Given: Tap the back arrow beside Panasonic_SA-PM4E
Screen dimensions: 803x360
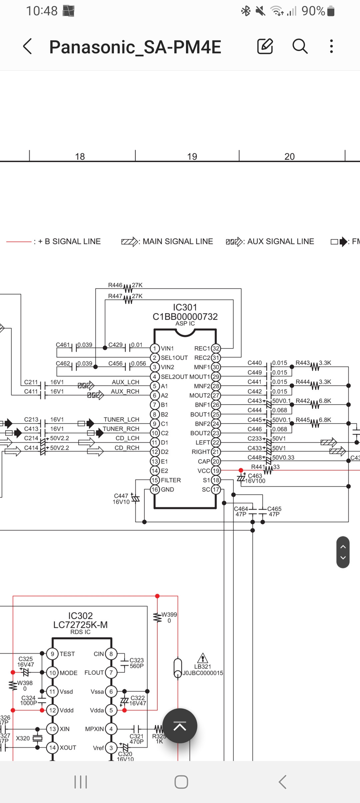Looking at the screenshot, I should pos(28,46).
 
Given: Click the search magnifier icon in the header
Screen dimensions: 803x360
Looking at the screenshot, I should pos(300,46).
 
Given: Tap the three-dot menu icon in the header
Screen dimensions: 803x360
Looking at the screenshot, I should pos(331,46).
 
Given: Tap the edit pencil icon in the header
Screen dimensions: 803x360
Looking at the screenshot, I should pos(265,46).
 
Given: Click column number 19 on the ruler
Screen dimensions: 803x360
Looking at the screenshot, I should pos(192,156).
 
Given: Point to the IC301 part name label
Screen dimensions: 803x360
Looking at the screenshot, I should pos(185,307).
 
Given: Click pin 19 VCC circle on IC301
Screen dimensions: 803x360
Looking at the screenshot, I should pos(216,471).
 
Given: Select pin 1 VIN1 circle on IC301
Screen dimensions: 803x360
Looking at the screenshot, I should pos(155,348).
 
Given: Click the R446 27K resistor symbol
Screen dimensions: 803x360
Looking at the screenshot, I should pos(128,288).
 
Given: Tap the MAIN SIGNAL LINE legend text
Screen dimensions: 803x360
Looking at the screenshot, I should pos(178,241).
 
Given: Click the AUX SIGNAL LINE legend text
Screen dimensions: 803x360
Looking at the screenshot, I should pos(280,241).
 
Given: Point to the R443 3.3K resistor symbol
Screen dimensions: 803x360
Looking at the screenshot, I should pos(315,366).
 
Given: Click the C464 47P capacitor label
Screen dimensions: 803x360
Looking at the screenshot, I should pos(241,509).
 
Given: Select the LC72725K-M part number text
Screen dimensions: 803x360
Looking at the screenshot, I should pos(80,625).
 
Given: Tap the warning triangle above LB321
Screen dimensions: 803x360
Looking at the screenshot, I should pos(203,658).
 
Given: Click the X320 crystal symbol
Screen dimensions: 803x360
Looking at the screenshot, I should pos(38,738).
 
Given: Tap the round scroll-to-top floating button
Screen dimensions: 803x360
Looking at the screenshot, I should pos(180,726).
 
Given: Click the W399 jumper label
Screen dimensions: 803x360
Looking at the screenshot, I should pos(169,615).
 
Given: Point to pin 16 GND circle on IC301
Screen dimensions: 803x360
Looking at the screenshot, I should pos(155,490).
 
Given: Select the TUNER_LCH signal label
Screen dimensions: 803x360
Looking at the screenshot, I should pos(121,420).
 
